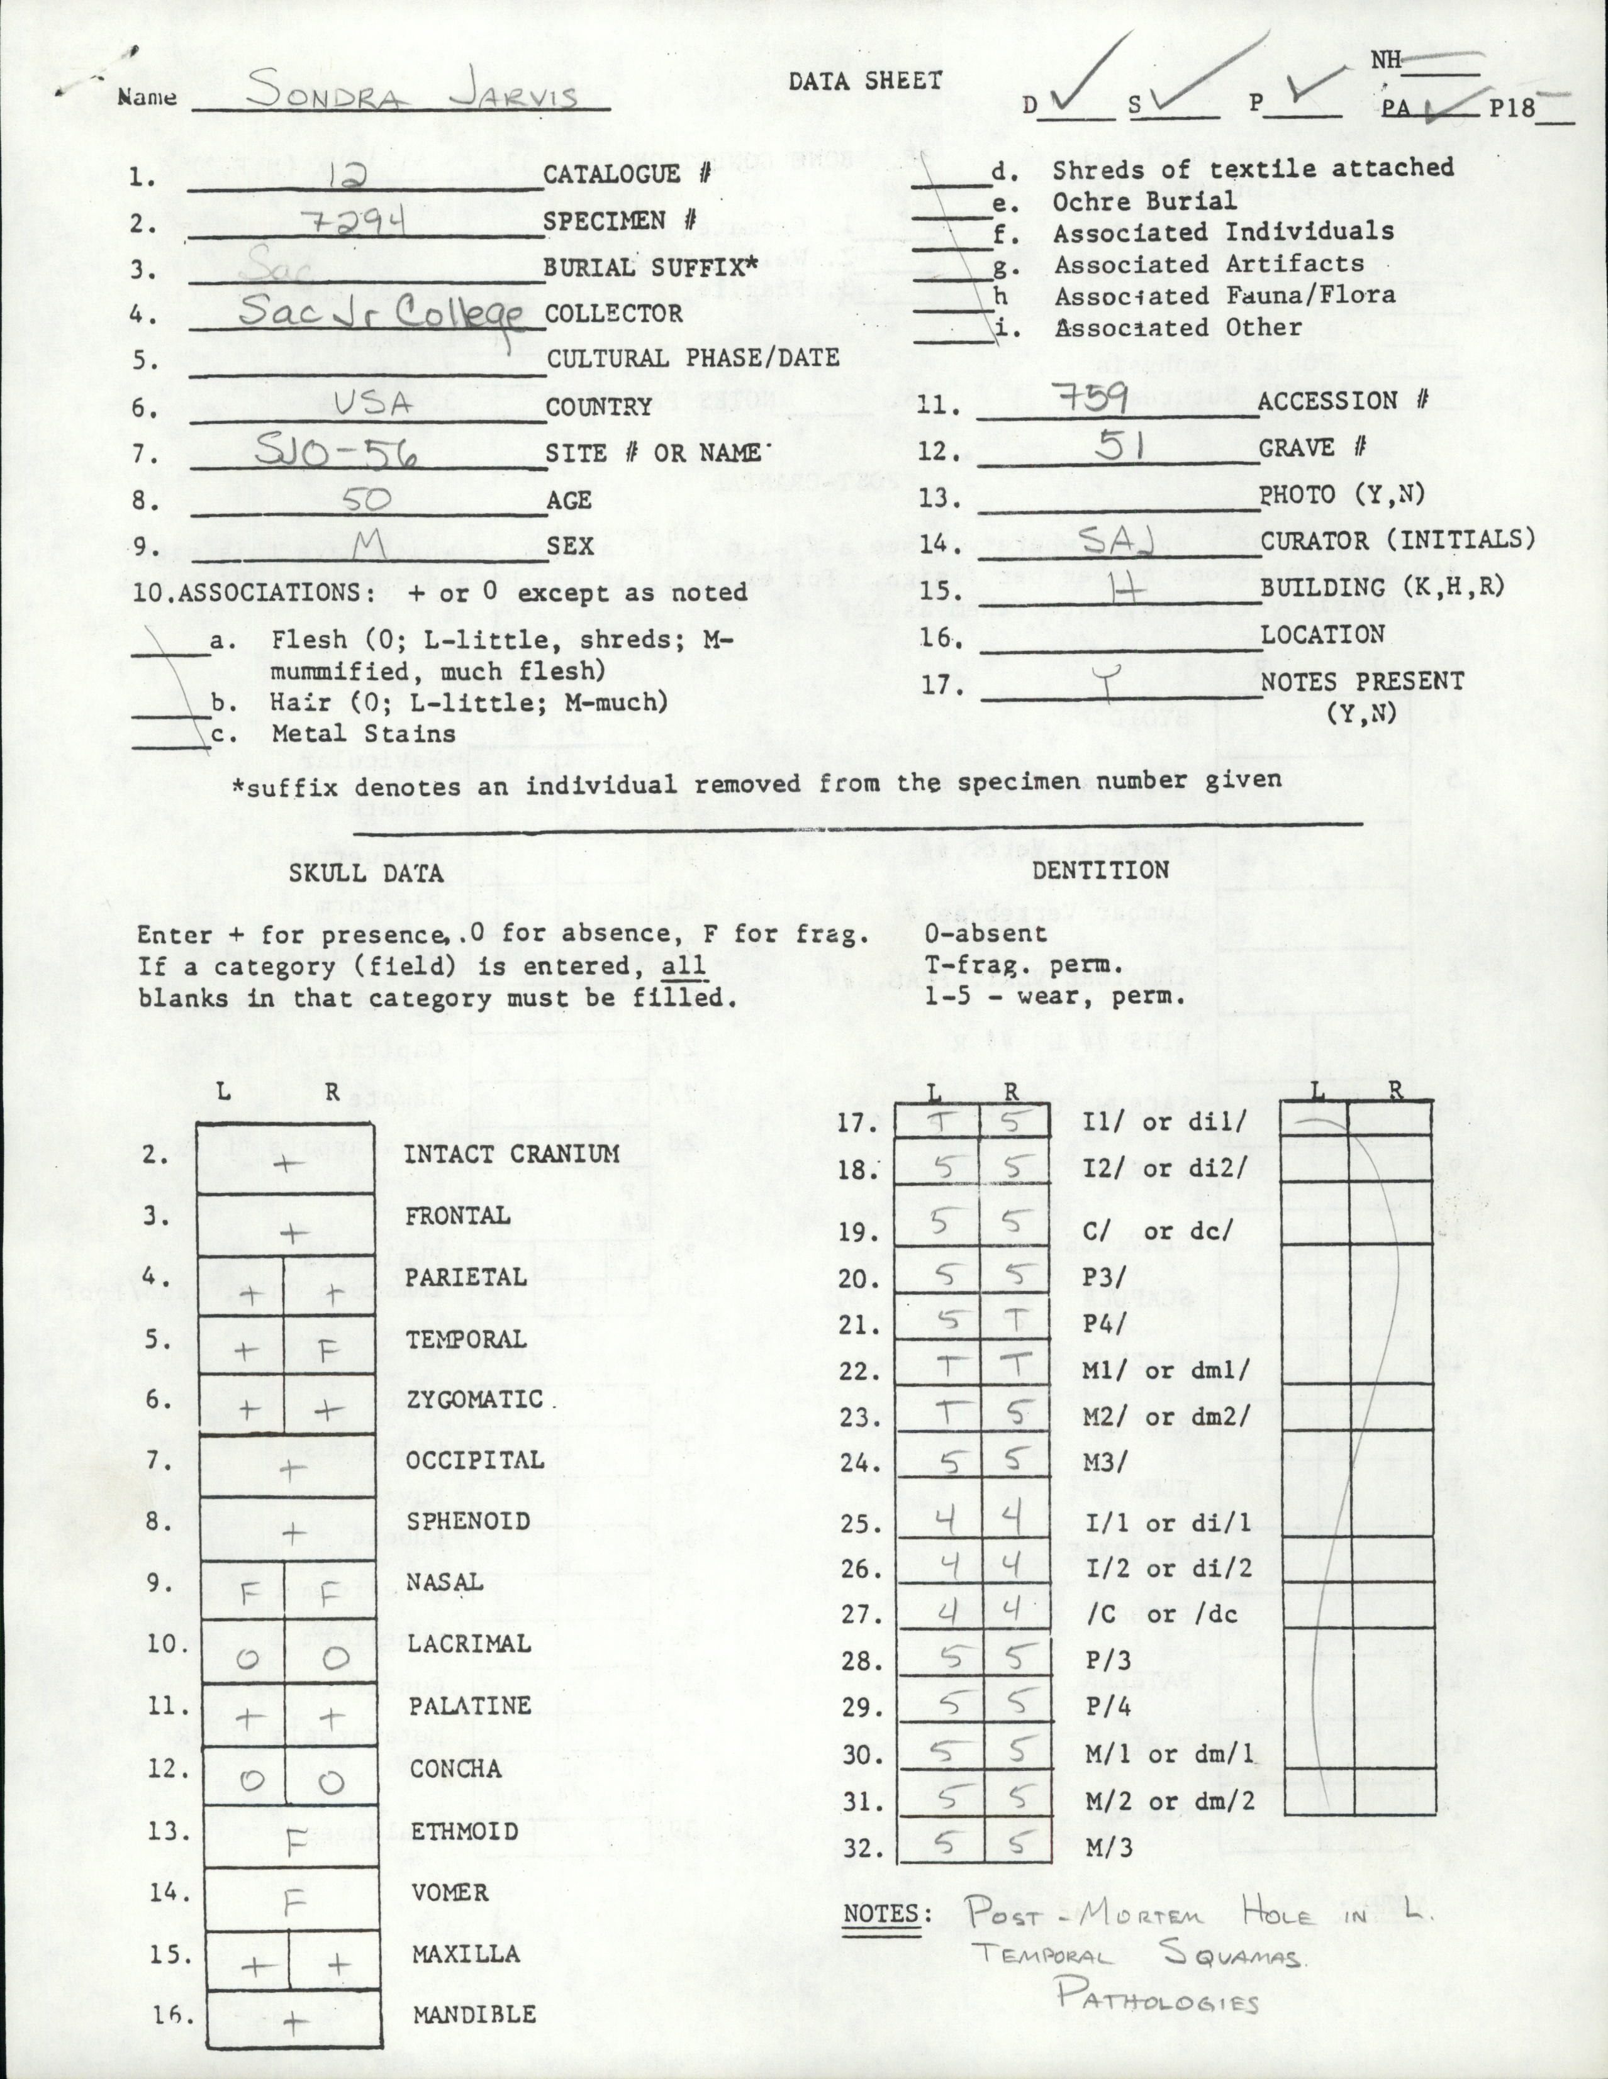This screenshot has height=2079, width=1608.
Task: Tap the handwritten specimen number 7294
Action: pos(360,222)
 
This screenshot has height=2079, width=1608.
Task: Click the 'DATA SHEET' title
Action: pos(864,82)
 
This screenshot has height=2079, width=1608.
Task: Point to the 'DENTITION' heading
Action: pos(1100,870)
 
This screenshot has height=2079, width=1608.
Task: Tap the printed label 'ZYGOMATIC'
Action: pos(474,1399)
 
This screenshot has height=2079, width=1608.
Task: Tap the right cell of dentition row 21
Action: pos(1015,1321)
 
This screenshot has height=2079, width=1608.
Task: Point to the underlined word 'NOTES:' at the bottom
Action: pos(881,1914)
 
